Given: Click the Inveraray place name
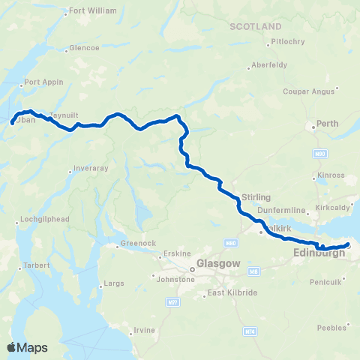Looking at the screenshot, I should (92, 168).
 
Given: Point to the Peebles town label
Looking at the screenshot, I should (331, 328).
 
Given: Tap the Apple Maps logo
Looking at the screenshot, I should (28, 347).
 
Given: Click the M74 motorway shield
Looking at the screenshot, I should (250, 331).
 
